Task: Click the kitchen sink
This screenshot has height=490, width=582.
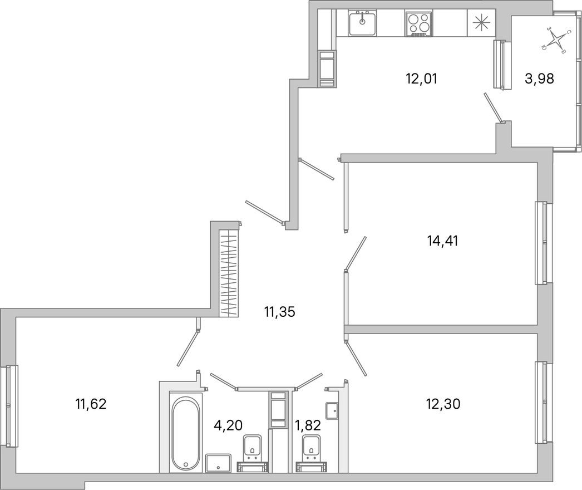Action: pos(363,23)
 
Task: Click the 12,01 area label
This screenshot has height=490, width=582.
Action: pos(421,79)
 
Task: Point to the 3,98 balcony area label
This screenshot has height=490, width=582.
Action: pos(539,79)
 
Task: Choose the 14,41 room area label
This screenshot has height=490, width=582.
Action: pos(443,241)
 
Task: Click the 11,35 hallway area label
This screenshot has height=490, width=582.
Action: pos(279,312)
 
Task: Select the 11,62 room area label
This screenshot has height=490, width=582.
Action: pos(90,403)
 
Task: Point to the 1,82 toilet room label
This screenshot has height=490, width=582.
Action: pos(308,426)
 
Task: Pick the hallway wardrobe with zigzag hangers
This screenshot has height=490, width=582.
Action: pos(229,273)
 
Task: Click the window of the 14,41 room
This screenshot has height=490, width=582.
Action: pos(541,243)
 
